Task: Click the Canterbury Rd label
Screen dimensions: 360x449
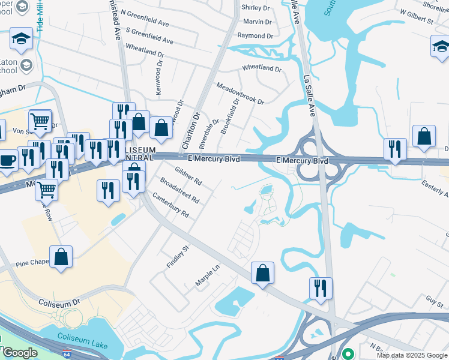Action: click(x=170, y=205)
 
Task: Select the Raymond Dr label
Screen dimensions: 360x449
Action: click(x=256, y=36)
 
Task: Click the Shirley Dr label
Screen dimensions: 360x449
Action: click(x=255, y=8)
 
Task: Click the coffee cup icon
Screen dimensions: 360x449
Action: click(x=8, y=161)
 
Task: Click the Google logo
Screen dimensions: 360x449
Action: click(x=20, y=353)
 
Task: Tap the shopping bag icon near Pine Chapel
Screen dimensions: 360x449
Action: click(x=61, y=257)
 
